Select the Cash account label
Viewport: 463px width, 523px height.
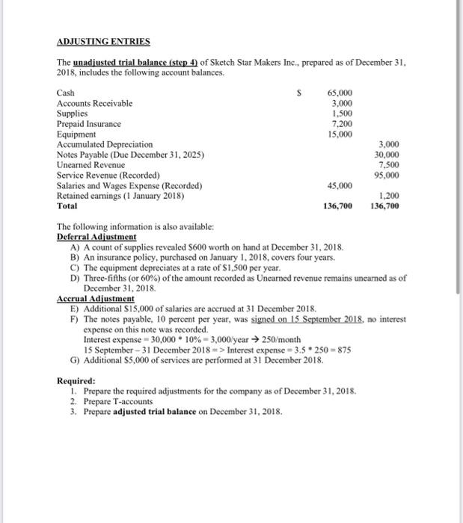pyautogui.click(x=65, y=93)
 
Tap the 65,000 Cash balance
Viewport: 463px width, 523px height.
pyautogui.click(x=340, y=93)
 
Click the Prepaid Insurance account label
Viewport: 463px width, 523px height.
pyautogui.click(x=89, y=123)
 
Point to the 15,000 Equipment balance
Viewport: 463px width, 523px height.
pyautogui.click(x=340, y=134)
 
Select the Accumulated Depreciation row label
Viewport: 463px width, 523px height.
pyautogui.click(x=105, y=144)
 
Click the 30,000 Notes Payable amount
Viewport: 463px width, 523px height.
pyautogui.click(x=387, y=155)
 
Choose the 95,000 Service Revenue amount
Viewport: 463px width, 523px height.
pyautogui.click(x=387, y=176)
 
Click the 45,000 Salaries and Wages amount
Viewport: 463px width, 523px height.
pyautogui.click(x=340, y=185)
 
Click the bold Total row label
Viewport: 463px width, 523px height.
pyautogui.click(x=67, y=206)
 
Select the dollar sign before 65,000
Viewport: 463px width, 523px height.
pyautogui.click(x=300, y=93)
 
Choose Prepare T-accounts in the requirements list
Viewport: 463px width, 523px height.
pyautogui.click(x=117, y=401)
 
